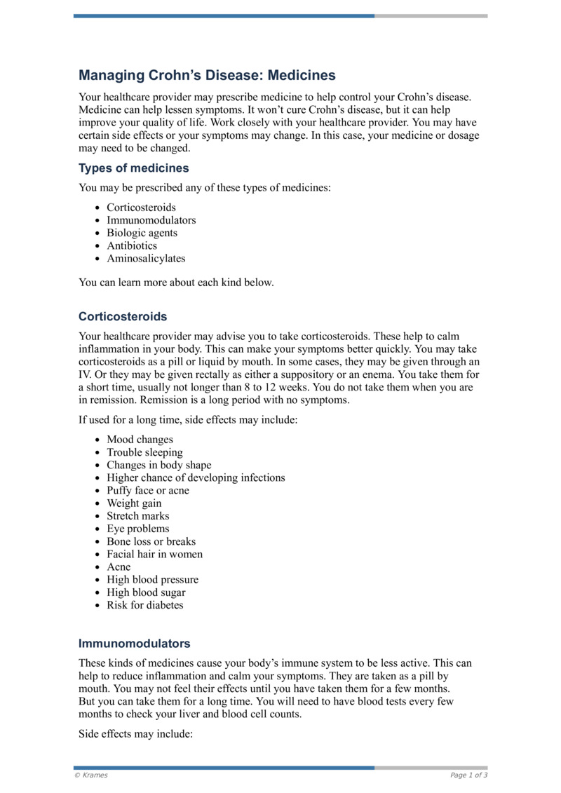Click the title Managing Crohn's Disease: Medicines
click(x=207, y=75)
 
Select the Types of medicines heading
click(x=133, y=168)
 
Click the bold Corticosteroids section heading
click(x=123, y=316)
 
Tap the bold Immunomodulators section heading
click(x=134, y=643)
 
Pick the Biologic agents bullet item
click(x=142, y=233)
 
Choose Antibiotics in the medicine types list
click(x=132, y=245)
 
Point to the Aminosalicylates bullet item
click(x=146, y=258)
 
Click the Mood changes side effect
click(x=140, y=440)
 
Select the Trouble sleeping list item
click(x=144, y=452)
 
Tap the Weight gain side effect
click(x=134, y=503)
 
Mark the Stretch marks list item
click(x=137, y=516)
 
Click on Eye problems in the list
click(x=137, y=529)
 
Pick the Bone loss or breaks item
click(x=151, y=541)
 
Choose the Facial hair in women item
click(x=154, y=554)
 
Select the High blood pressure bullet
click(x=152, y=580)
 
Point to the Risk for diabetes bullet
click(x=144, y=605)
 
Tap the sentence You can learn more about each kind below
click(x=176, y=283)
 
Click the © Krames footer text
click(x=91, y=775)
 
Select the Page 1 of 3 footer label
click(x=468, y=775)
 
